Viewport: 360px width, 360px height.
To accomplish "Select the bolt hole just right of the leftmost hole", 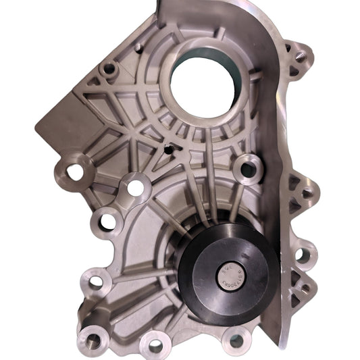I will tap(137, 186).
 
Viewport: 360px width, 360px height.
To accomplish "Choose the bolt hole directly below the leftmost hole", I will tap(105, 218).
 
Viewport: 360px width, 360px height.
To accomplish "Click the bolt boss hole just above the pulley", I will tap(248, 169).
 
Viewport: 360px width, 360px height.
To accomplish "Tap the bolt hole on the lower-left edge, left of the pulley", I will tap(95, 280).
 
